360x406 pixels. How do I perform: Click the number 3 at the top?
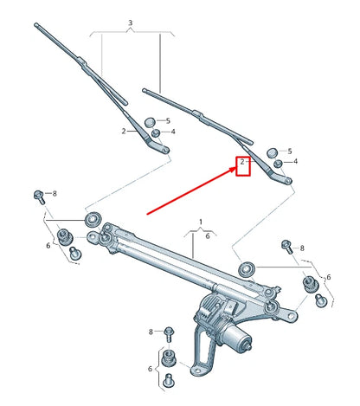pos(130,22)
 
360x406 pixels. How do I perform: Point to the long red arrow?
pos(190,189)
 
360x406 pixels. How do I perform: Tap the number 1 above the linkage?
pos(202,222)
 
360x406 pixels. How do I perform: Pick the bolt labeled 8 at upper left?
pos(39,194)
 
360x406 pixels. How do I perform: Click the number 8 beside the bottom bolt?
pos(151,332)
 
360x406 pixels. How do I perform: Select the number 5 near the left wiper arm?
pos(168,121)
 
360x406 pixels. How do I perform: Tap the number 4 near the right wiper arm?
pos(295,161)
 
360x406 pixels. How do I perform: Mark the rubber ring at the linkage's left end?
pos(91,216)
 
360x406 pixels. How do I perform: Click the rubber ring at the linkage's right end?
pos(246,267)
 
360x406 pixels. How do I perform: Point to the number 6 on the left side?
pos(48,246)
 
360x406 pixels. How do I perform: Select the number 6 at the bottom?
pos(151,368)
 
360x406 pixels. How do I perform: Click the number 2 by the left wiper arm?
pos(124,131)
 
